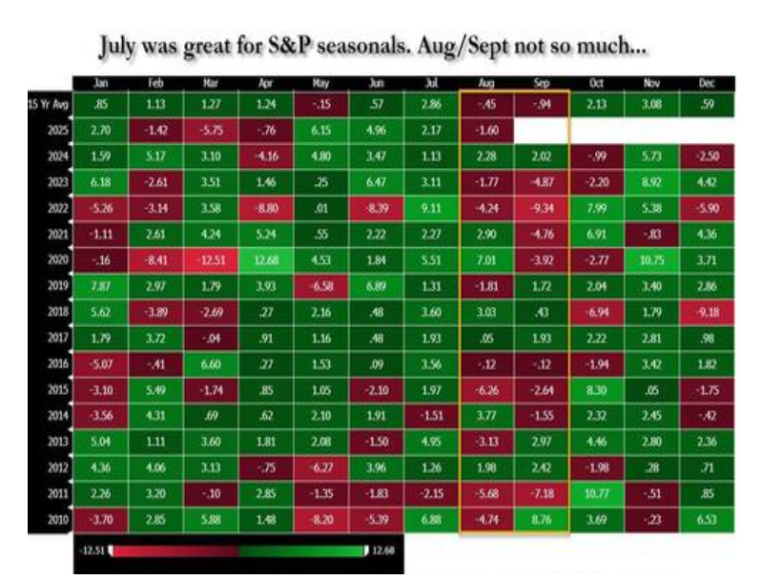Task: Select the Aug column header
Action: coord(487,83)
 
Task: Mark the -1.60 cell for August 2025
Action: coord(487,129)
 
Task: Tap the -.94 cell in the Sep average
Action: coord(542,103)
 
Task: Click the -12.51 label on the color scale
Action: coord(94,550)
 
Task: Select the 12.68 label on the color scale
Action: coord(383,550)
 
